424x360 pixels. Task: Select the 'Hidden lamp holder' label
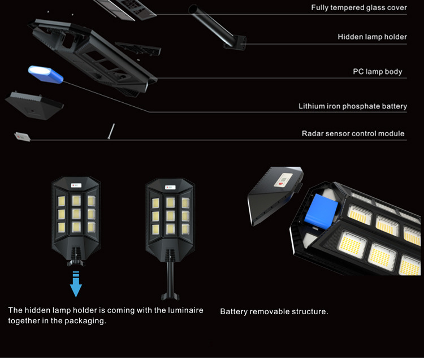tap(372, 37)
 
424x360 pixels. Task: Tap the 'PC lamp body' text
tap(378, 72)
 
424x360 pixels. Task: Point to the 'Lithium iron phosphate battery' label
tap(353, 106)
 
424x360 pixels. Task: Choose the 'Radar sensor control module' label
tap(353, 134)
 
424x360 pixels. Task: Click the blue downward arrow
tap(76, 285)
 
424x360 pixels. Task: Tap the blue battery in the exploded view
tap(46, 73)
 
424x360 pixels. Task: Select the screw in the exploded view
tap(111, 131)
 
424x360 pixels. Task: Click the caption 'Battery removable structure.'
tap(274, 311)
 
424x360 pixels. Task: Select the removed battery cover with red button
tap(271, 196)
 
